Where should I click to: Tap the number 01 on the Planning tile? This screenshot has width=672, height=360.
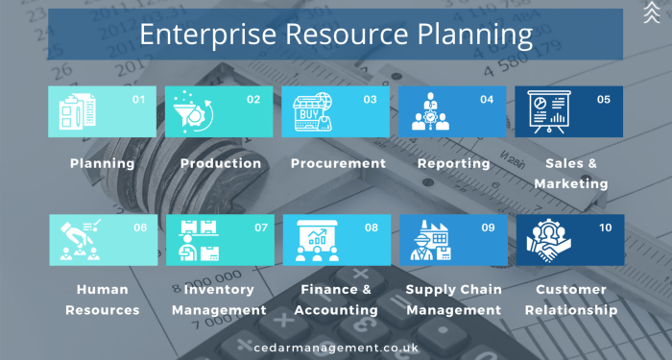[137, 99]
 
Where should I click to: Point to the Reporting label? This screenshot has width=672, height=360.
[453, 163]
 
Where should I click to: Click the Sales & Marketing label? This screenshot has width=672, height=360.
[570, 173]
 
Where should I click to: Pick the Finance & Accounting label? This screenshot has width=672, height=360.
[337, 300]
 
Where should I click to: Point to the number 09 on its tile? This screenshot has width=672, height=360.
[488, 228]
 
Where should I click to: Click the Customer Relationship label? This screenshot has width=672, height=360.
[570, 300]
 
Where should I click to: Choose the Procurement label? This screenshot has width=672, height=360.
[338, 163]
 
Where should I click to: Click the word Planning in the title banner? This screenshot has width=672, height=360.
[466, 36]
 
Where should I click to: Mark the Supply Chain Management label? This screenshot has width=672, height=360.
[453, 300]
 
